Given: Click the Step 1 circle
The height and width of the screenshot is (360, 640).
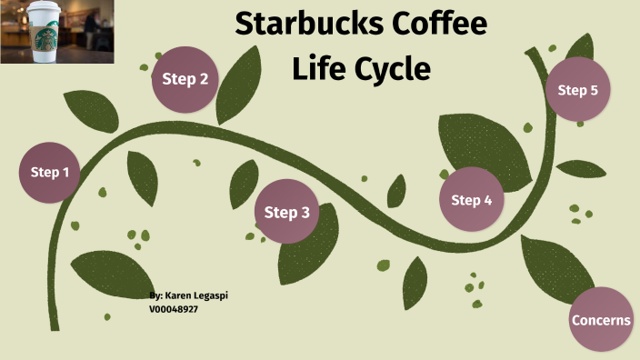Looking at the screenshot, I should point(50,172).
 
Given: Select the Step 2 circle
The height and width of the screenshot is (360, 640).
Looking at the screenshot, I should point(185,78).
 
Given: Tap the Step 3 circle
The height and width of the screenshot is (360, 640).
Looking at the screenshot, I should point(287,213).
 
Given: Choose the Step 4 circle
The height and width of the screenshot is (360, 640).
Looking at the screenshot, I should point(472,200).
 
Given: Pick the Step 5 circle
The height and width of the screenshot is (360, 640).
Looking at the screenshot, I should point(577,90).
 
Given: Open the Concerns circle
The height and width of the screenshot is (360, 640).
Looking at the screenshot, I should point(601,320).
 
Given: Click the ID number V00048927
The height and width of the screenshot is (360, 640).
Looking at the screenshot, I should point(174,309).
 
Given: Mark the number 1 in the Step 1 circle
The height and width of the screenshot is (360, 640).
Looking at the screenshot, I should point(65,172).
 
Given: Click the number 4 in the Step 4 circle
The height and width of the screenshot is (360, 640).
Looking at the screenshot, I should point(488,200).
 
